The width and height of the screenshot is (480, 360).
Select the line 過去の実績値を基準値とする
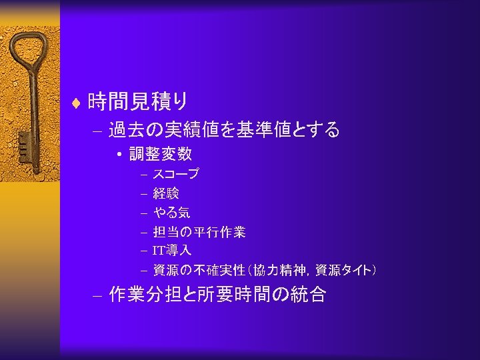224,129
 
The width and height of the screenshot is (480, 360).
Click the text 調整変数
161,154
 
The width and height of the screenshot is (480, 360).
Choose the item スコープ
176,175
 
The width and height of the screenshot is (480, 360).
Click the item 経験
166,193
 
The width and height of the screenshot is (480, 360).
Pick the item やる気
171,213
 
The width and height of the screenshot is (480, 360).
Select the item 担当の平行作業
199,232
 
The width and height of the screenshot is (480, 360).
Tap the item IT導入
172,251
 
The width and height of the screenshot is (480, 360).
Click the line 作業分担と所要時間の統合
217,295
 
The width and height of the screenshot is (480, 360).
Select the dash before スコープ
143,175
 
